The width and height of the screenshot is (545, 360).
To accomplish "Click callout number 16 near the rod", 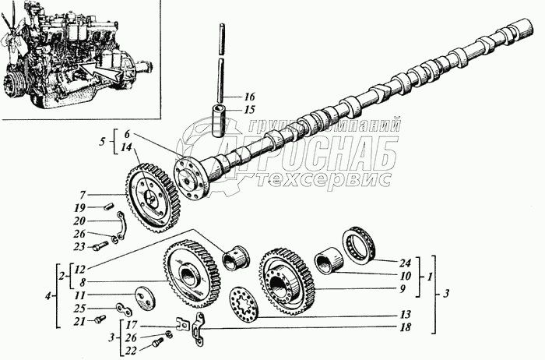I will (x=250, y=97).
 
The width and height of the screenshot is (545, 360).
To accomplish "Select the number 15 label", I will (x=250, y=111).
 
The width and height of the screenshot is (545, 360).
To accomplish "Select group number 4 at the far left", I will (x=50, y=296).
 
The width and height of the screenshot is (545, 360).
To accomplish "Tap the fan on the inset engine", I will (x=15, y=43).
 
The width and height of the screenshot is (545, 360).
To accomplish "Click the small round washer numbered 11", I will (x=143, y=298).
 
